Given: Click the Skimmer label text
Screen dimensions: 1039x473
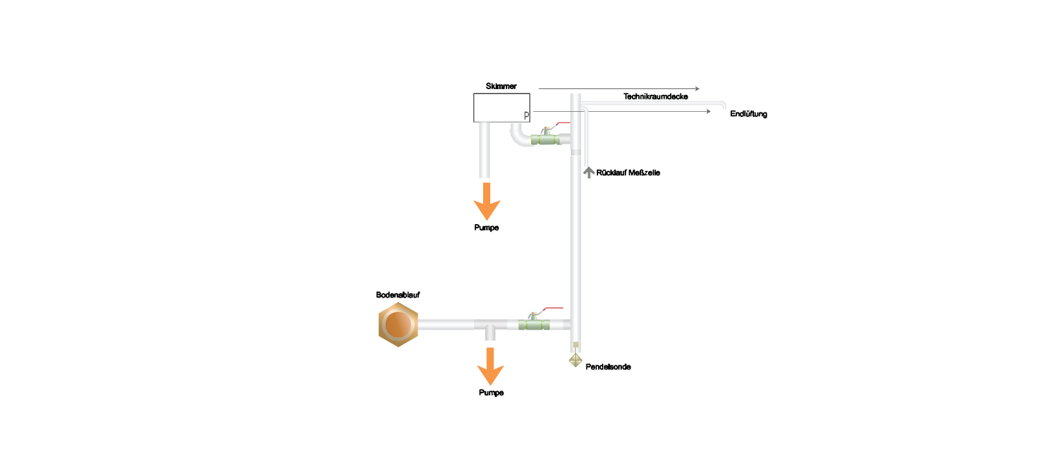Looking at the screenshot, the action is (501, 86).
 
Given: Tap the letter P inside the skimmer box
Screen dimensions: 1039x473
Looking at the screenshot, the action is (527, 116).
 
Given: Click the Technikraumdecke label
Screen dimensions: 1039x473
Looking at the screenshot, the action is (655, 97).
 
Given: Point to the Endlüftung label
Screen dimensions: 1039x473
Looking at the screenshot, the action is (748, 114).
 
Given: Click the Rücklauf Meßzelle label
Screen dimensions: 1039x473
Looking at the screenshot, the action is (627, 173).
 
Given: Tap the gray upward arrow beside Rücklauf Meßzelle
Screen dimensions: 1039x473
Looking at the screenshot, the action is (588, 172).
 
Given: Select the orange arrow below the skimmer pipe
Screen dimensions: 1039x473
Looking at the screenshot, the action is (486, 201).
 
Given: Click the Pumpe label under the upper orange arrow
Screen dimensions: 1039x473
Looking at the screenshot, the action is (486, 227).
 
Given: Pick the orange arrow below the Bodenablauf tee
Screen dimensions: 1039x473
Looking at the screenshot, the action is (490, 366).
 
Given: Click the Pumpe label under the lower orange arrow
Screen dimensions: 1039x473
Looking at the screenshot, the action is (491, 392).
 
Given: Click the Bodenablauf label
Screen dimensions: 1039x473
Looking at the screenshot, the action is (397, 295).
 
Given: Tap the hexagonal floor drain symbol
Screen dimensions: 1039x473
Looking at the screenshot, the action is (398, 324).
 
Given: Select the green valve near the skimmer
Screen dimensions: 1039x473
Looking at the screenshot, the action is (545, 138).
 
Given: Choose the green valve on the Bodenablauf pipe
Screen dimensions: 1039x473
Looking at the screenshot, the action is (534, 324).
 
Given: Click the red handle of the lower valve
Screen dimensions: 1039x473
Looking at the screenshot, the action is (553, 308).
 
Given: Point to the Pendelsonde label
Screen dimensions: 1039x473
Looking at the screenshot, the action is (608, 366).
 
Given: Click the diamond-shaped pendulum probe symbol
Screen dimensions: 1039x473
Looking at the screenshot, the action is (575, 360).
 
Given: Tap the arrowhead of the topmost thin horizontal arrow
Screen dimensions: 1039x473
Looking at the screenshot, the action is (697, 88).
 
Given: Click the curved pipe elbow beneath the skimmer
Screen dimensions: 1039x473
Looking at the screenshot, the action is (519, 136).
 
